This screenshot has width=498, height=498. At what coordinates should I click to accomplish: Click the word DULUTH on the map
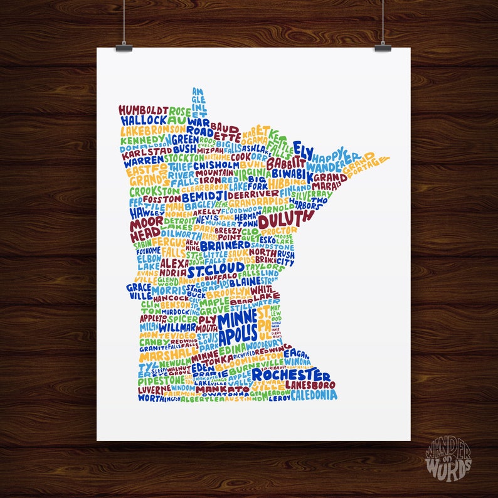point(285,220)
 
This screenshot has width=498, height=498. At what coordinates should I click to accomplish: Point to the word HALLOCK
point(144,120)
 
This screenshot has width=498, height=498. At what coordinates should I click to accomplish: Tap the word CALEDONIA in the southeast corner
point(312,395)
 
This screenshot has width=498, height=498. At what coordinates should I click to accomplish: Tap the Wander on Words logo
point(448,458)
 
